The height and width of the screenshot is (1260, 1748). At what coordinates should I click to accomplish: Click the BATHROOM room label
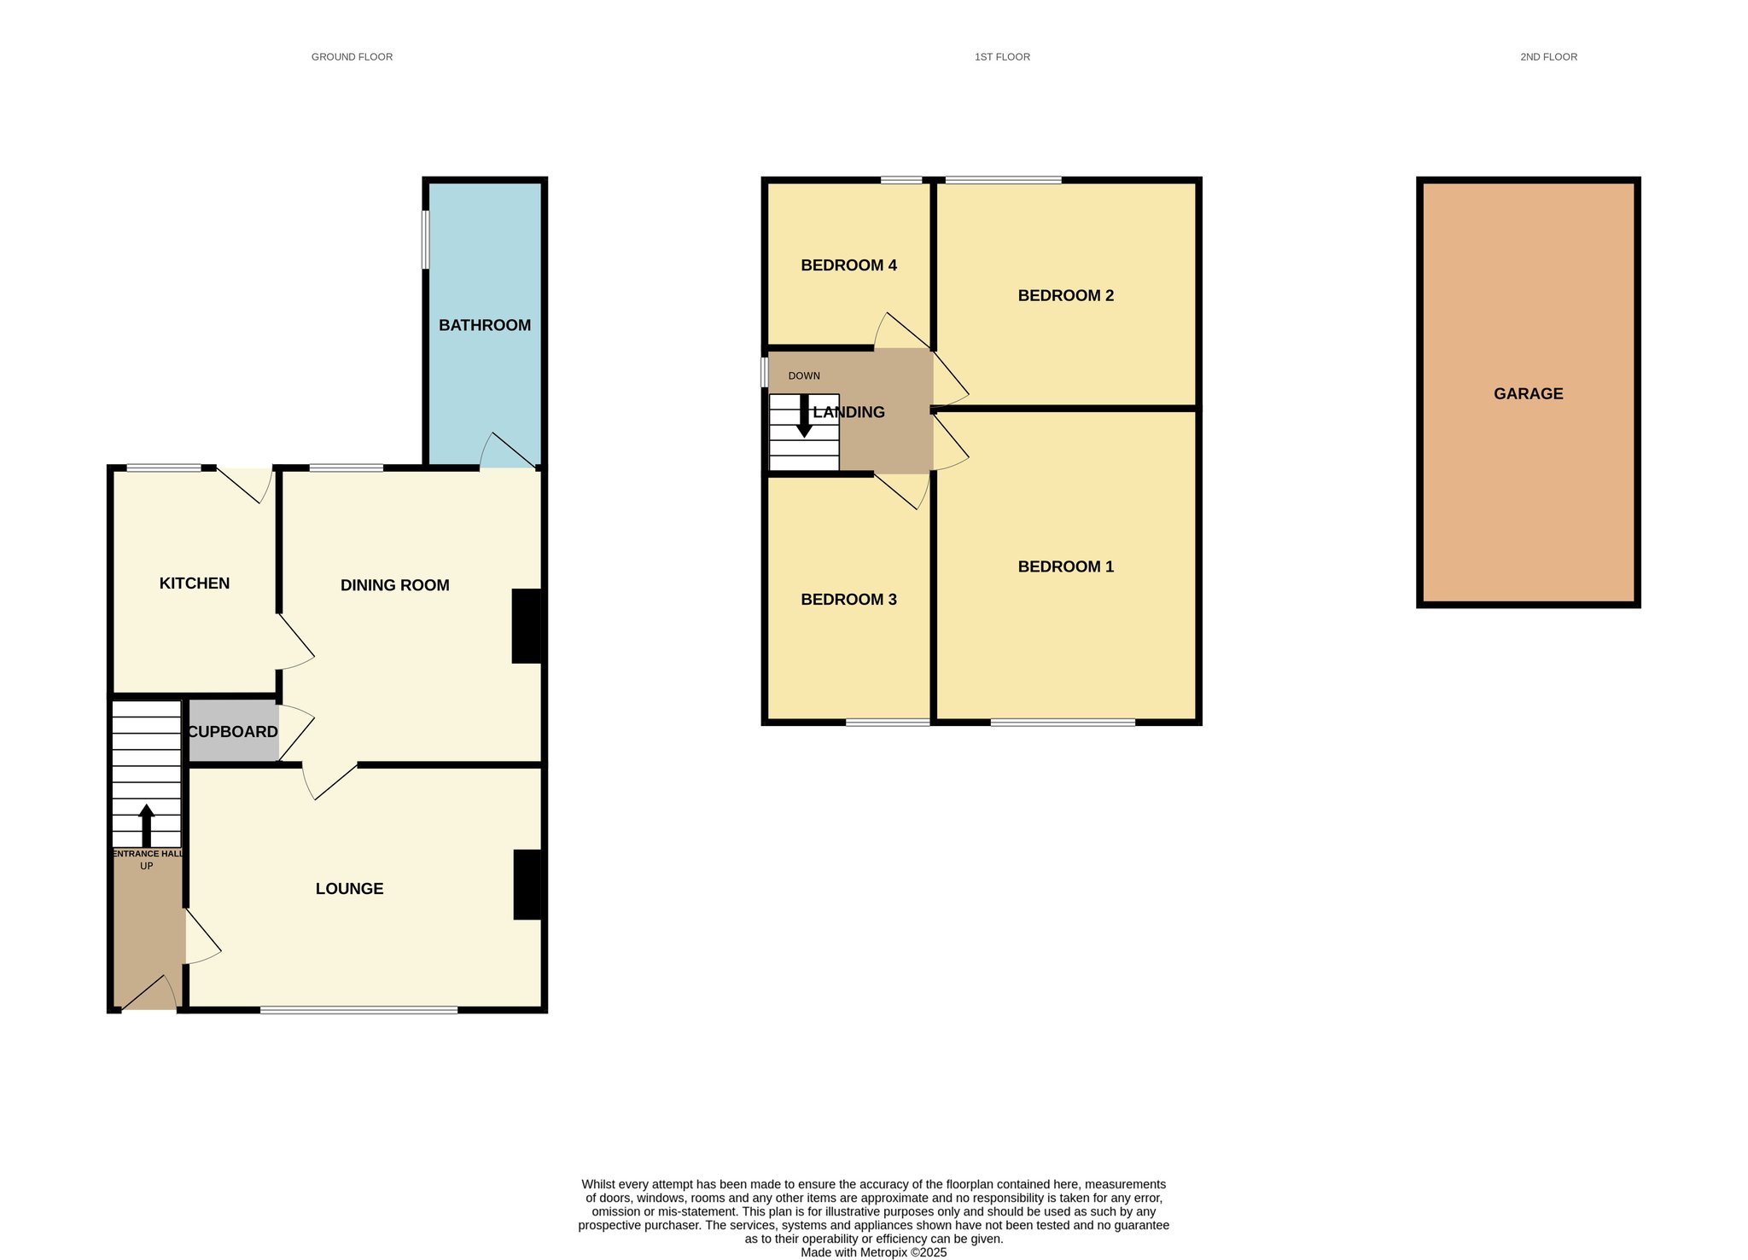[485, 325]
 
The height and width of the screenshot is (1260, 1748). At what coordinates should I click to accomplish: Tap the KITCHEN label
[195, 584]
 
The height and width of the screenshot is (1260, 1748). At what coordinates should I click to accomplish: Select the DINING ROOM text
[394, 585]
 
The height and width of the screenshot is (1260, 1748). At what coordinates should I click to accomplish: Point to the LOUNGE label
[349, 889]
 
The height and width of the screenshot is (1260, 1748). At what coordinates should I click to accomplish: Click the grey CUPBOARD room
[233, 731]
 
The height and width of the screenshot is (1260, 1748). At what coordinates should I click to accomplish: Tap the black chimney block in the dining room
[526, 625]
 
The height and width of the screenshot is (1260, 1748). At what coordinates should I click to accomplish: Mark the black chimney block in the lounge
[527, 885]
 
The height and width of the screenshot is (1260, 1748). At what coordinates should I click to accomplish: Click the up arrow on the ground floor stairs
[147, 825]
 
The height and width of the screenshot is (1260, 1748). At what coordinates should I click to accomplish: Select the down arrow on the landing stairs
[804, 416]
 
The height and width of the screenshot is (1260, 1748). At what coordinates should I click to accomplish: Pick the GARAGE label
[1528, 394]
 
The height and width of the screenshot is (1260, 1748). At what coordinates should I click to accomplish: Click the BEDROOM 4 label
[848, 265]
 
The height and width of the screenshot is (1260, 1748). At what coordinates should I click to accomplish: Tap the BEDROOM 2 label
[1065, 296]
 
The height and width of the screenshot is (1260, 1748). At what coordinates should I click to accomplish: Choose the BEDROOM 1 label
[1065, 566]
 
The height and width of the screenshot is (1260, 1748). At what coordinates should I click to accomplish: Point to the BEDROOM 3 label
[848, 600]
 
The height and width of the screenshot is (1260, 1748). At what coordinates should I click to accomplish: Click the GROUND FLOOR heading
[352, 57]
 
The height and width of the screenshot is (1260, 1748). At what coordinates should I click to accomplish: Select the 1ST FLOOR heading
[1002, 57]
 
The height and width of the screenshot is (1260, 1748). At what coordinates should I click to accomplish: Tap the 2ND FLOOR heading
[1548, 57]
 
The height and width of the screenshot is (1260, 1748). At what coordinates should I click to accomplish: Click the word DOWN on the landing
[804, 376]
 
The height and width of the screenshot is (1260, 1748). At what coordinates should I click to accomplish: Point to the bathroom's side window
[425, 240]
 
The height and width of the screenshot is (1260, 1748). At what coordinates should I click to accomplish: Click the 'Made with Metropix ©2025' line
[873, 1253]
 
